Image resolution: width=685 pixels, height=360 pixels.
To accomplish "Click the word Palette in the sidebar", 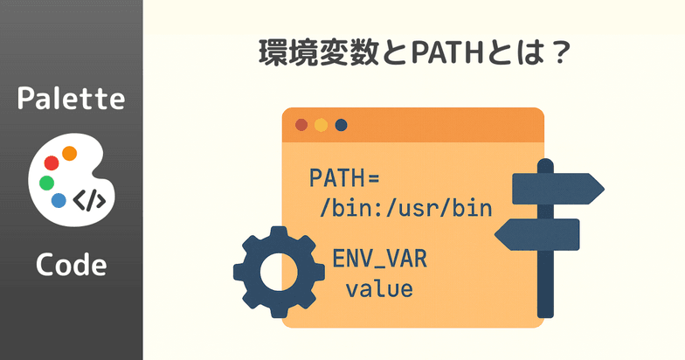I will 71,99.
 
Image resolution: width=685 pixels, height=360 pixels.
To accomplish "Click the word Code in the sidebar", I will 71,265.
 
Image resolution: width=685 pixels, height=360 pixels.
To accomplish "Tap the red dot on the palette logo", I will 52,162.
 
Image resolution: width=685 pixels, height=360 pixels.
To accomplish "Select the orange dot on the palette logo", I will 70,154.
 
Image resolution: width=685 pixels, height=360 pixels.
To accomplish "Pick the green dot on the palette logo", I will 46,183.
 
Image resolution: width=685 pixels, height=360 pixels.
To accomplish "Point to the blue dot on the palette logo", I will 59,200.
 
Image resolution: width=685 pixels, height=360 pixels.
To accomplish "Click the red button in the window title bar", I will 302,125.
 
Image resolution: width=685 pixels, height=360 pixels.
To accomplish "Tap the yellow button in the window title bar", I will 321,125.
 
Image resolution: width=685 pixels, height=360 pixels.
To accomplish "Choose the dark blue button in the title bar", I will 341,125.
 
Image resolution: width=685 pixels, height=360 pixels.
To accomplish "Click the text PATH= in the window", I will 345,178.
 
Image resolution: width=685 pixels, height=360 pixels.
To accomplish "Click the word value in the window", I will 379,287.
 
